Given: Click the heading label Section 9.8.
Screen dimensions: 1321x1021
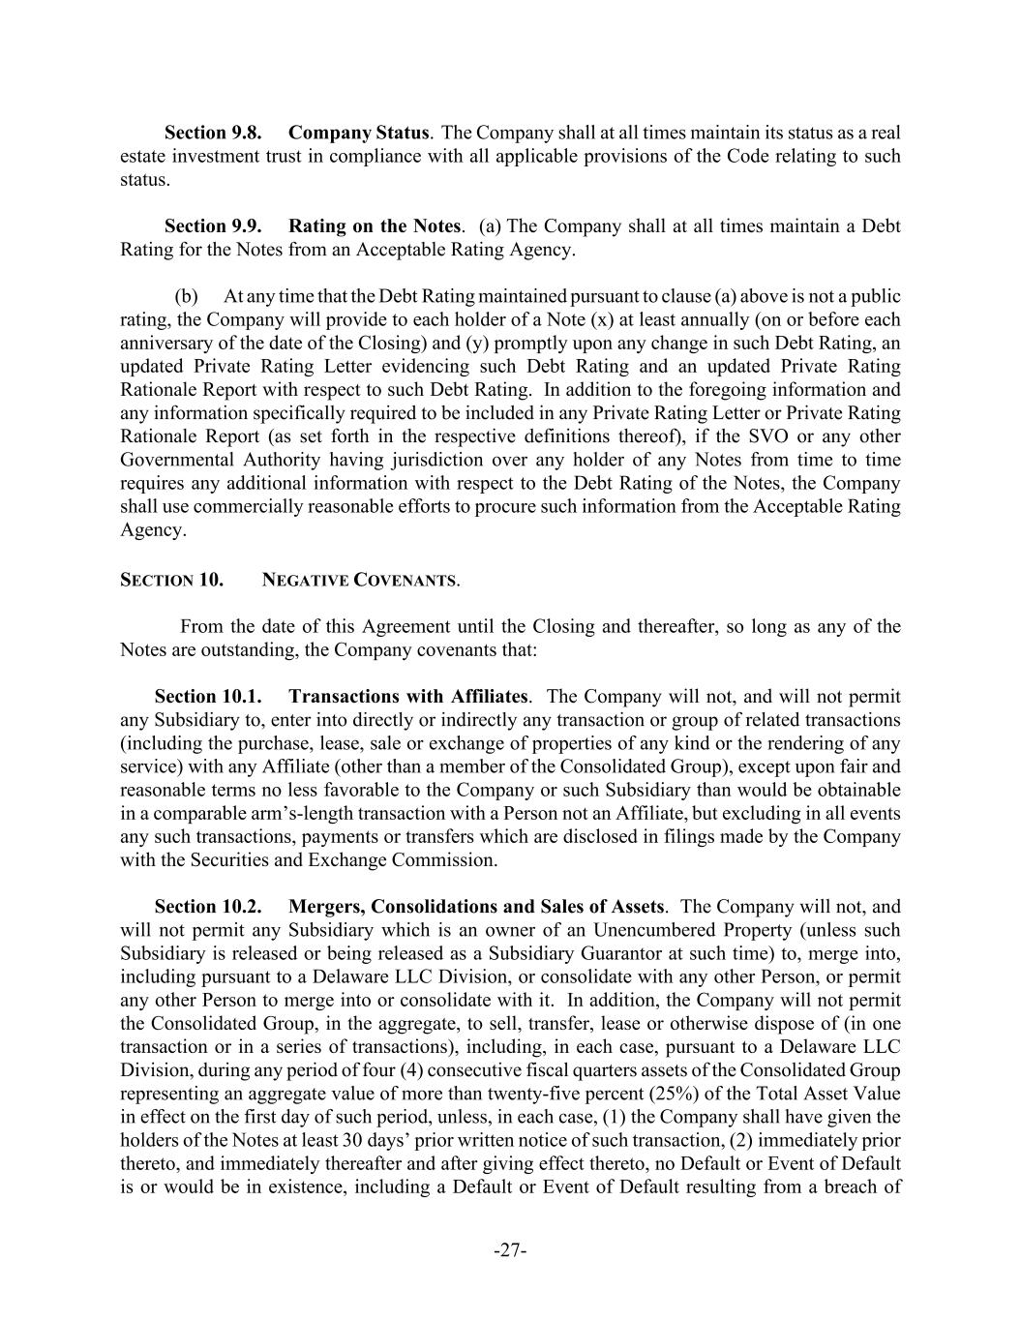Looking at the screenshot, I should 213,133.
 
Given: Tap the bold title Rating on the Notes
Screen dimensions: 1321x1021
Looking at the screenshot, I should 375,226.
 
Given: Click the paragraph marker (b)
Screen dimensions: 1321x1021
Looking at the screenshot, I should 186,296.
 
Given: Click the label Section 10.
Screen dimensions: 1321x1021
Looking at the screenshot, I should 171,581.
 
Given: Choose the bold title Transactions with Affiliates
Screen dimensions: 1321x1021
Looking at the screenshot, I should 408,697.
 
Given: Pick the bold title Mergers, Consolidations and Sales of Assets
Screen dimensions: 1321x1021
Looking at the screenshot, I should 476,907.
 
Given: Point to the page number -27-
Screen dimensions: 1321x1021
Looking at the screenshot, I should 510,1250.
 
